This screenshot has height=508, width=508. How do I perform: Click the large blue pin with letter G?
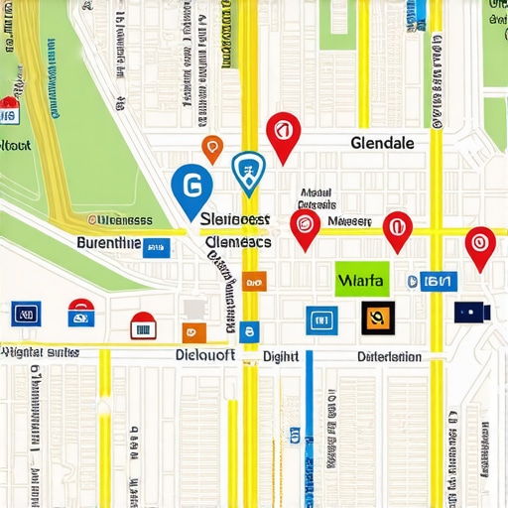point(191,187)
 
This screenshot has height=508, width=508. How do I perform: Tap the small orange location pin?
point(212,148)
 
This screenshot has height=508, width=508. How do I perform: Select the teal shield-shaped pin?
point(247,170)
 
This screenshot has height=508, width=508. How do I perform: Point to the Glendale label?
point(383,143)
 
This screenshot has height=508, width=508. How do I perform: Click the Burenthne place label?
point(108,241)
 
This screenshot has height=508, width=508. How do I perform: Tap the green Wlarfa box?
point(362,279)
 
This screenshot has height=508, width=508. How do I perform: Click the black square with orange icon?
point(377,317)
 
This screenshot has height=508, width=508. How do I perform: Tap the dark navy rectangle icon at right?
point(471,313)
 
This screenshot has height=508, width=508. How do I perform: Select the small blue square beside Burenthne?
point(155,246)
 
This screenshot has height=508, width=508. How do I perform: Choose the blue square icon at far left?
point(27,315)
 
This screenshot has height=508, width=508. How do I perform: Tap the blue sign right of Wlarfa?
point(434,281)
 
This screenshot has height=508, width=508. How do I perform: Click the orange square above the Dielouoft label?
point(193,332)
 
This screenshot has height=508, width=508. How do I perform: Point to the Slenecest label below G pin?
point(234,218)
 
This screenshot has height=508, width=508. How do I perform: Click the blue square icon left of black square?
point(320,319)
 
